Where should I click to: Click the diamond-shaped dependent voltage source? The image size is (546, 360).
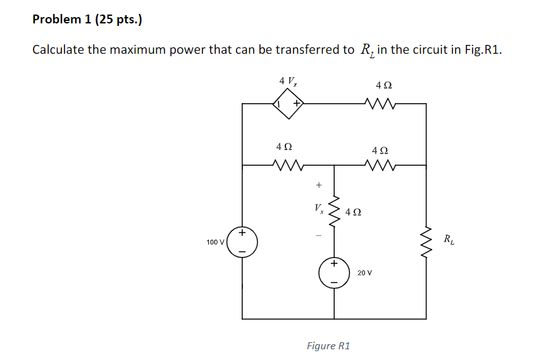point(288,103)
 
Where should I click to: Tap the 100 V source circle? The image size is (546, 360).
point(242,242)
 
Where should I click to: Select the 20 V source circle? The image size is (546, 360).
point(334,273)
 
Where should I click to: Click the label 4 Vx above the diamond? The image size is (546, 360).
point(288,81)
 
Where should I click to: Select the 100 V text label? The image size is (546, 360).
point(215,242)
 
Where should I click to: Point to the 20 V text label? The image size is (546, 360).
point(364,273)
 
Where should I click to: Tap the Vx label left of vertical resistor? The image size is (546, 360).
point(319,208)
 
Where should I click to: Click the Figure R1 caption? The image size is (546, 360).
point(328,345)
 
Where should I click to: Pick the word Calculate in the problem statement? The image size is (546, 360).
point(58,50)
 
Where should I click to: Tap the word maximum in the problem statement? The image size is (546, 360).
point(137,50)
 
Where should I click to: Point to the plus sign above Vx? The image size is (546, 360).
point(319,185)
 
